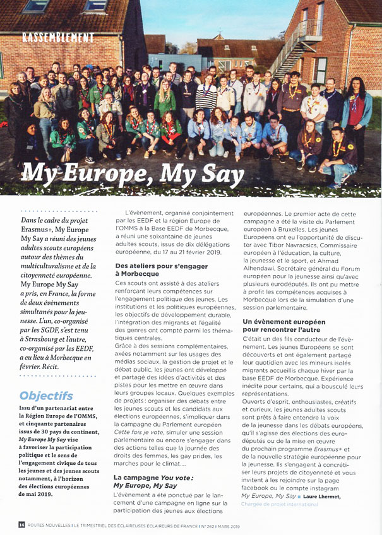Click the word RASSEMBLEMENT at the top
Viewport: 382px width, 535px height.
tap(58, 37)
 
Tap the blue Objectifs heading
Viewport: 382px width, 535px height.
tap(46, 396)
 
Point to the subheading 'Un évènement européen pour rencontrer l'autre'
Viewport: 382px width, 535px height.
tap(282, 326)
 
